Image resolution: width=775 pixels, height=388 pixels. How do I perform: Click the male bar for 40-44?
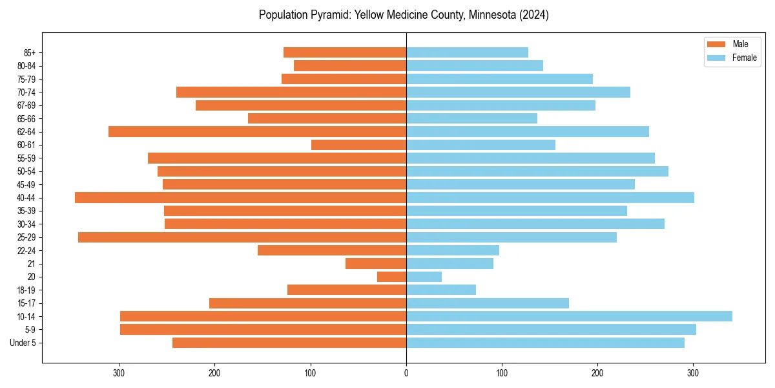(240, 198)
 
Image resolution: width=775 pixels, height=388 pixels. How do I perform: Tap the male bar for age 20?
(391, 277)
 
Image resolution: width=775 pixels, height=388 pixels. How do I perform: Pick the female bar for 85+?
(467, 52)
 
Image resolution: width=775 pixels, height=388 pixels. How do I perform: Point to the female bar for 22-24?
(453, 250)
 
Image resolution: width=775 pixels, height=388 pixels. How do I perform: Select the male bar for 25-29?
(242, 237)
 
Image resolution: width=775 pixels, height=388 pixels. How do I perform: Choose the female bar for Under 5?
(545, 343)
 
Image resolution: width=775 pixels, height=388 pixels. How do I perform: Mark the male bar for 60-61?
(358, 145)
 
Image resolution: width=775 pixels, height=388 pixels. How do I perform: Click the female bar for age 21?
(449, 264)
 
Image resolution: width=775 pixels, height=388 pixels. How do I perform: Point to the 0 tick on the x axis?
(406, 373)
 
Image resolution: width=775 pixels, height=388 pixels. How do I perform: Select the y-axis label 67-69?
(26, 105)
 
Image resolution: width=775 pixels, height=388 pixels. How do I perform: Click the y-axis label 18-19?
(26, 290)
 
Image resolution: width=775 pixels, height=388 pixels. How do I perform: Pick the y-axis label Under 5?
(23, 343)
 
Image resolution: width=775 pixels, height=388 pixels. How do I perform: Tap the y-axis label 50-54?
(26, 171)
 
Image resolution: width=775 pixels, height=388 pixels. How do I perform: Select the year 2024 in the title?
(535, 15)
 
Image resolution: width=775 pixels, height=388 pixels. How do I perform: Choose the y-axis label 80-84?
(26, 66)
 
